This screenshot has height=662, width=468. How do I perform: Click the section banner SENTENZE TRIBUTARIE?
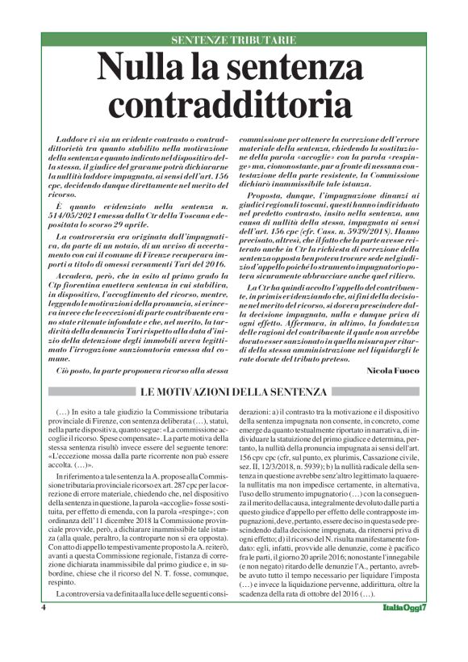(233, 40)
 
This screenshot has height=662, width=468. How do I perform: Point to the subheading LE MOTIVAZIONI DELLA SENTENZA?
(234, 392)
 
